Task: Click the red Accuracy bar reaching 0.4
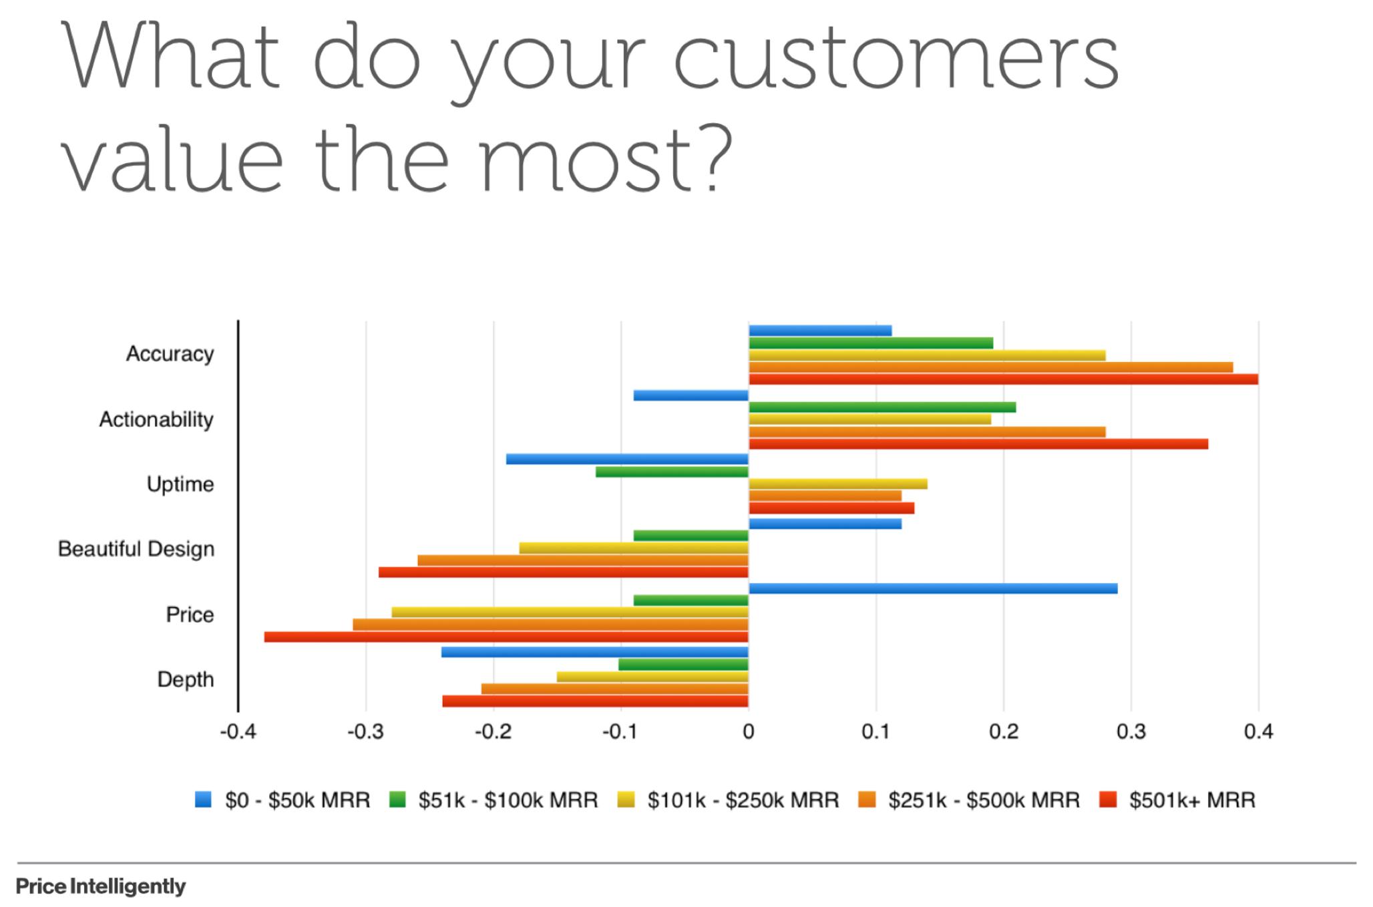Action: pos(1003,379)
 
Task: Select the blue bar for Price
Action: pos(933,588)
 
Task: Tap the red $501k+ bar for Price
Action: pos(506,637)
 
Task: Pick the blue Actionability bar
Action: pos(691,395)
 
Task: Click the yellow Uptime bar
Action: pos(838,484)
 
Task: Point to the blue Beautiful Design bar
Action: pos(825,524)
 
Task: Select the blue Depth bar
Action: pos(594,652)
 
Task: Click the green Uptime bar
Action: pos(672,472)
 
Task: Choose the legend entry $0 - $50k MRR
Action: pos(282,799)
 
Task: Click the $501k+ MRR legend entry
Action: pos(1177,799)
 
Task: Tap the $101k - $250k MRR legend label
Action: pos(728,799)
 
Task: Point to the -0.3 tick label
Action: pos(365,732)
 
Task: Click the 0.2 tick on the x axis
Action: pos(1003,732)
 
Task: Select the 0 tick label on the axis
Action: pos(748,732)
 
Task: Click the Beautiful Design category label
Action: pos(136,549)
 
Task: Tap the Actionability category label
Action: pos(156,419)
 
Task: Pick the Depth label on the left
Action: pos(186,679)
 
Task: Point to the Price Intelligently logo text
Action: pos(101,886)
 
